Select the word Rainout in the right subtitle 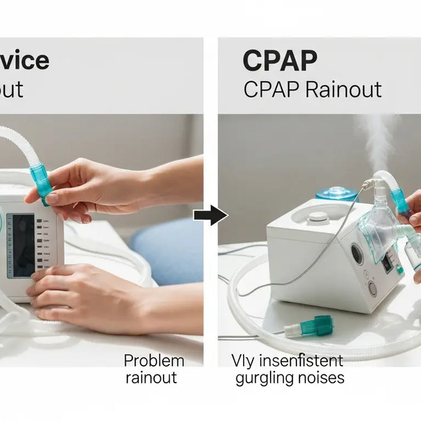coord(343,90)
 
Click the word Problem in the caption coord(154,361)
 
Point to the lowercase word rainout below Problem coord(152,378)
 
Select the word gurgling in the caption coord(262,378)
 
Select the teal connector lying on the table coord(312,325)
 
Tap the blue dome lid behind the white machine coord(335,194)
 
